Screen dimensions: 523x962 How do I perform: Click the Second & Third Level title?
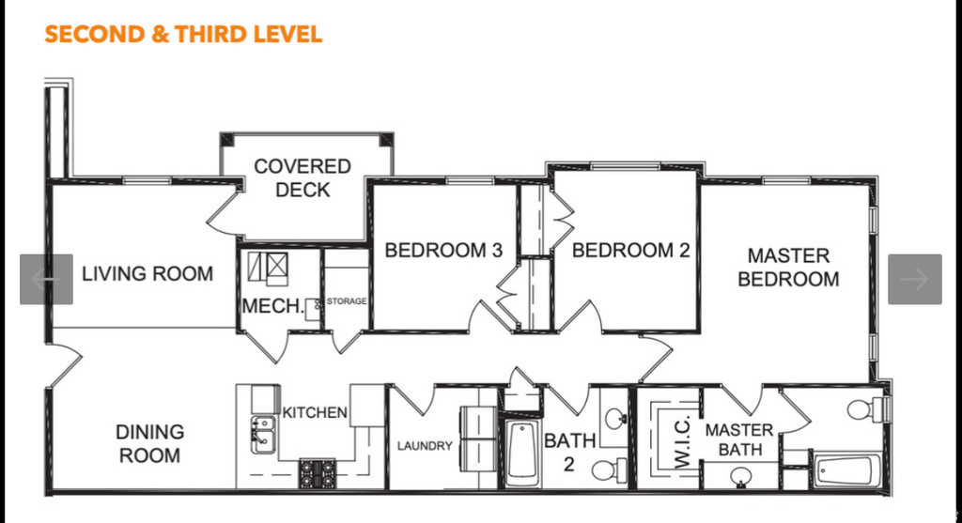click(183, 35)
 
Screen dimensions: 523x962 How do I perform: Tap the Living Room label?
click(147, 274)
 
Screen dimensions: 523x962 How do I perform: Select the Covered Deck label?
click(303, 178)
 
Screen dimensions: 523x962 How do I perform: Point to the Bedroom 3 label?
click(443, 251)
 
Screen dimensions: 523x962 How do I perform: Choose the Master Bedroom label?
click(788, 268)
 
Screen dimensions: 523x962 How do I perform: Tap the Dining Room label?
click(149, 444)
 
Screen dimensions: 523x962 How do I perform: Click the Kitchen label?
click(315, 412)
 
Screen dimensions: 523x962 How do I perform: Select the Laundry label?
click(424, 446)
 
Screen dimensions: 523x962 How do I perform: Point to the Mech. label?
click(272, 306)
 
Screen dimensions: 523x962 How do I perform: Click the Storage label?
click(346, 301)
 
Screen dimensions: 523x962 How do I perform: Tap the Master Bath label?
click(739, 439)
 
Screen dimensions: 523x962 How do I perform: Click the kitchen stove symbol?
click(317, 471)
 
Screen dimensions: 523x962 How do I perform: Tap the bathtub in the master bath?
click(846, 470)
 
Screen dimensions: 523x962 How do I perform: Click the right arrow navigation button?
click(914, 279)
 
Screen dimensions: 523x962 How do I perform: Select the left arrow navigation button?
click(46, 279)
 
